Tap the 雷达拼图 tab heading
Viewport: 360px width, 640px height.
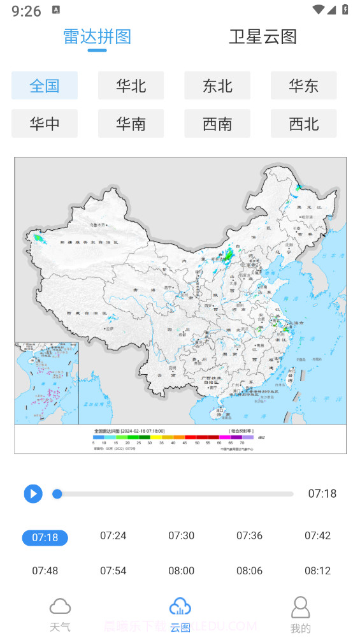click(97, 36)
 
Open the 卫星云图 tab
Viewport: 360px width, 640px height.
click(263, 36)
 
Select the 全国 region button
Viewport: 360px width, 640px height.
click(45, 85)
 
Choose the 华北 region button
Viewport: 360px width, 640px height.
click(131, 85)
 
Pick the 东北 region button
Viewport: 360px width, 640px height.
click(217, 85)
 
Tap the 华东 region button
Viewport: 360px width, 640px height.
click(303, 85)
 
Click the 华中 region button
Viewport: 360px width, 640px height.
click(45, 123)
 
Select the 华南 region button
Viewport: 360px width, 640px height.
click(131, 123)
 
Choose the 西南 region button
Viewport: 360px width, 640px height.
click(217, 123)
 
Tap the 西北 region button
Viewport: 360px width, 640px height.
click(303, 123)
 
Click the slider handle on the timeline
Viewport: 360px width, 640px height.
click(57, 493)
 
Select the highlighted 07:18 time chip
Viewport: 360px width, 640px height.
click(45, 537)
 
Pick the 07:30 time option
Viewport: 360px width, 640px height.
click(182, 535)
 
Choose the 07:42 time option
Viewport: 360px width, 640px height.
click(317, 535)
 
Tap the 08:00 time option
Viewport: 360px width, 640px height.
click(182, 571)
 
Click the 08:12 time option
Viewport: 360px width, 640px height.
click(317, 571)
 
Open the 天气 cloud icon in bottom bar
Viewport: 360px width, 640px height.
click(60, 606)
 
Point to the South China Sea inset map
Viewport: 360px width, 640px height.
click(47, 383)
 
